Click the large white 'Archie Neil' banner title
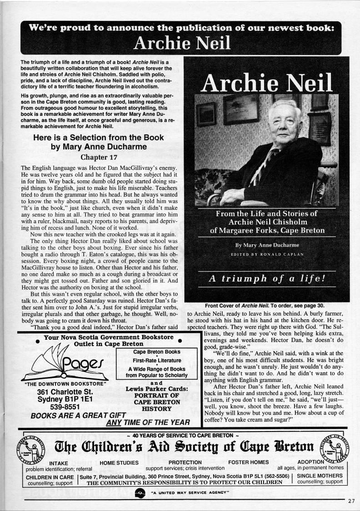coord(182,43)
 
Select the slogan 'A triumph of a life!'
coord(267,279)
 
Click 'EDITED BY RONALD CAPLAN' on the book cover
coord(266,254)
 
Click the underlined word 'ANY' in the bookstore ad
coord(113,422)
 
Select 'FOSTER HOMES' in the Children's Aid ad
coord(248,462)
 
